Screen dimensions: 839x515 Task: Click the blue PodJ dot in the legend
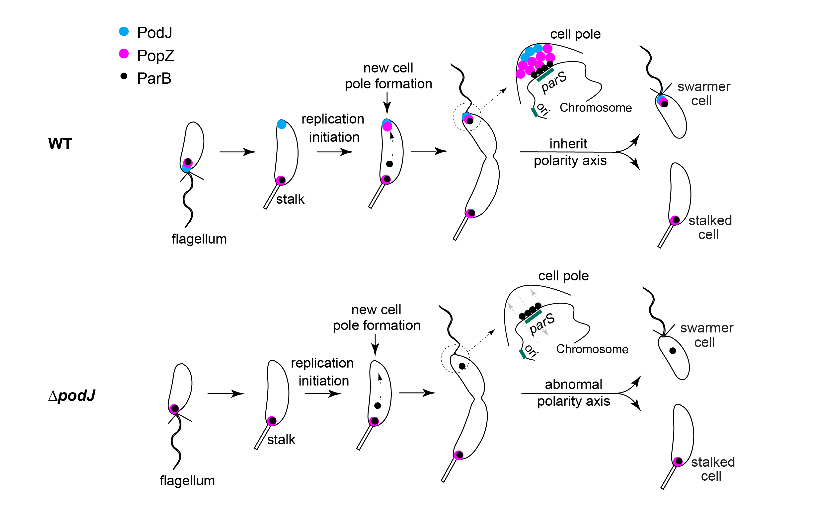pyautogui.click(x=124, y=31)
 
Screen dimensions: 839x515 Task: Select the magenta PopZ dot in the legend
pyautogui.click(x=124, y=54)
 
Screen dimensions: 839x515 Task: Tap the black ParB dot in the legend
pyautogui.click(x=124, y=76)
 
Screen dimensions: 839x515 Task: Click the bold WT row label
pyautogui.click(x=60, y=144)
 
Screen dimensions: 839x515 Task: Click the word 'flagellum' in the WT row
pyautogui.click(x=199, y=239)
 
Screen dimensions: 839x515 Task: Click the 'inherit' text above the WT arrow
pyautogui.click(x=568, y=144)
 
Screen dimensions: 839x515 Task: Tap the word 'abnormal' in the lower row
pyautogui.click(x=574, y=384)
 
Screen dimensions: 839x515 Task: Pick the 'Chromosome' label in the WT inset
pyautogui.click(x=596, y=108)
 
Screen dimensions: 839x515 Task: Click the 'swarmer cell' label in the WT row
pyautogui.click(x=703, y=94)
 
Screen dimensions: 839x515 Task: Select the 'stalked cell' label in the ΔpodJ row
pyautogui.click(x=713, y=469)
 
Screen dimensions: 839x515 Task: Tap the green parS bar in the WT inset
pyautogui.click(x=545, y=75)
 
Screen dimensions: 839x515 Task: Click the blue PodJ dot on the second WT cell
pyautogui.click(x=282, y=124)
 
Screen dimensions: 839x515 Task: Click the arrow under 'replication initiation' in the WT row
pyautogui.click(x=335, y=152)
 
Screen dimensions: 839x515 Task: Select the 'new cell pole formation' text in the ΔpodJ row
pyautogui.click(x=377, y=318)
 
